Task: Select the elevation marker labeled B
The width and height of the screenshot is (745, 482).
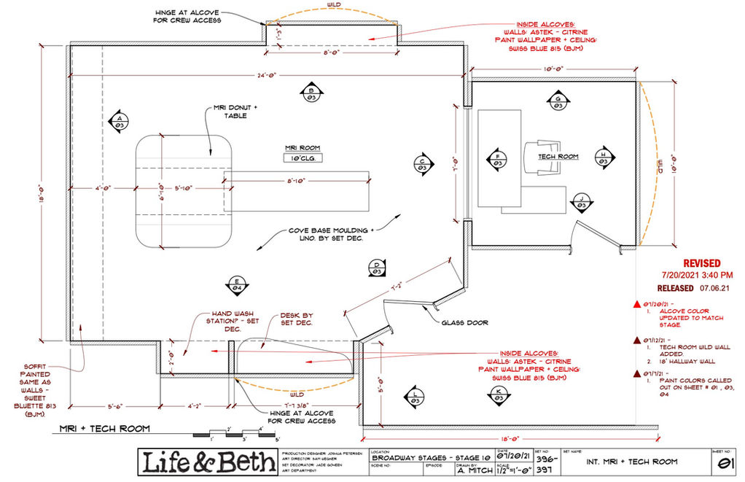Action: (310, 92)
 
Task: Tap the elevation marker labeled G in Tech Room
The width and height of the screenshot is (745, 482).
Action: (558, 102)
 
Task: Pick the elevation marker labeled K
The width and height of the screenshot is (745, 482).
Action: (499, 394)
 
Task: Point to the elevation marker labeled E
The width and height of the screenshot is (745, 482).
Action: (237, 285)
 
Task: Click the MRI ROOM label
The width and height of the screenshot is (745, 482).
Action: (302, 145)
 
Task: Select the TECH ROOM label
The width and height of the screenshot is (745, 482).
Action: (558, 156)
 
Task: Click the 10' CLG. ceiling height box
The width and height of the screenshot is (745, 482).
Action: (303, 158)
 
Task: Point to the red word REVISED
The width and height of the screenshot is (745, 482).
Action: (701, 263)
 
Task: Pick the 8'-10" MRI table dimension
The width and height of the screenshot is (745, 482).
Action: (300, 181)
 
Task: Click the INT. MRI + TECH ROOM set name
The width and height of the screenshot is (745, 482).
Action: (633, 462)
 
